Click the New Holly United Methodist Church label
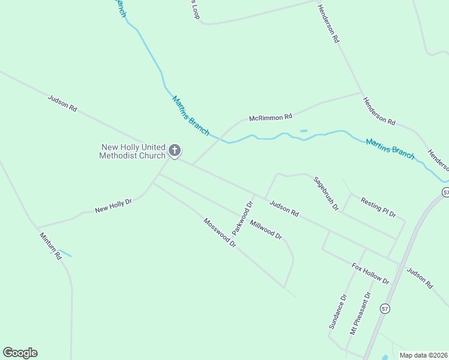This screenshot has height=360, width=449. pos(133,151)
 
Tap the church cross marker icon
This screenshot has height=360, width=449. pos(175,151)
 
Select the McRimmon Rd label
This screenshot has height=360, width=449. pos(270,118)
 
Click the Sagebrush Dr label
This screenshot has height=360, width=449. pos(326,193)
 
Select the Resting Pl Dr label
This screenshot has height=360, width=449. pos(379,207)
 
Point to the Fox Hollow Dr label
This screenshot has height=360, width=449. pos(370,274)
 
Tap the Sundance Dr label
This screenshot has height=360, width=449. pos(338,311)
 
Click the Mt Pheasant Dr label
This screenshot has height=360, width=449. pos(361,313)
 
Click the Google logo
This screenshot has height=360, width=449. pos(20,353)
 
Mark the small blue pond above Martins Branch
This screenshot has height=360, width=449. pos(304,131)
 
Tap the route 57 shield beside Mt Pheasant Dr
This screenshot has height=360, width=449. pos(385,308)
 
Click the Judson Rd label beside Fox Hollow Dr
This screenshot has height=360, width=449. pos(419,278)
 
